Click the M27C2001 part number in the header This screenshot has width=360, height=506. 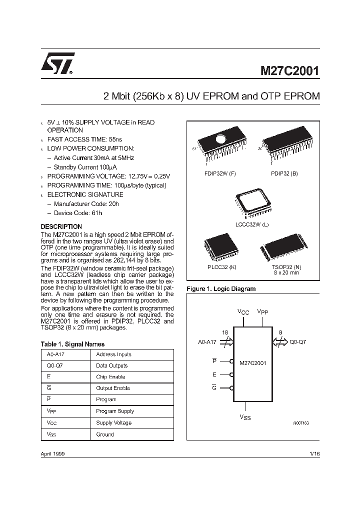[x=289, y=70]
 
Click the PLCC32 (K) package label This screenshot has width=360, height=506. [x=221, y=267]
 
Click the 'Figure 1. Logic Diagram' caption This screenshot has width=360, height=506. [x=220, y=289]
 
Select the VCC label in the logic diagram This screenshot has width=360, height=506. [x=243, y=311]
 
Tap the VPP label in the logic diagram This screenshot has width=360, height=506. [x=262, y=311]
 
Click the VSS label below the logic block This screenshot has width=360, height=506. [x=245, y=416]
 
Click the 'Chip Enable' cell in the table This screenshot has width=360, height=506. [x=110, y=377]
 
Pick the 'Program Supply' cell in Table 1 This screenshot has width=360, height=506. [x=115, y=411]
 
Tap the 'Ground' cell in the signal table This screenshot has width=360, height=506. [x=105, y=434]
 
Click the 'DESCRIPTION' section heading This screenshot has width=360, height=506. [x=61, y=226]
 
